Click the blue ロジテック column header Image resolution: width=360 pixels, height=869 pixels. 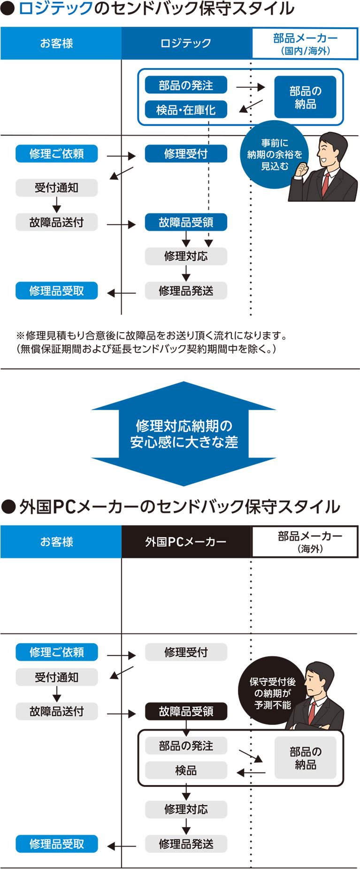(186, 43)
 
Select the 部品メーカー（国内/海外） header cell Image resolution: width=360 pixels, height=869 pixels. (305, 44)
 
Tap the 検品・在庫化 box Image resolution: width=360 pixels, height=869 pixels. (186, 110)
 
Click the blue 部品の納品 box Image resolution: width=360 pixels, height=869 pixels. (305, 97)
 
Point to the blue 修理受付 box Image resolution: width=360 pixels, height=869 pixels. (186, 153)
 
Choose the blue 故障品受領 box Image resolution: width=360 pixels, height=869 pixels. (186, 222)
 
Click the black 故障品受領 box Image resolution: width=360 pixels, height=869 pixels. (186, 711)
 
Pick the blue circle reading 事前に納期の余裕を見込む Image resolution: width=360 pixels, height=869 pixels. (275, 154)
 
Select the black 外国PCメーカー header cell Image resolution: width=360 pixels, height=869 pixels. (186, 542)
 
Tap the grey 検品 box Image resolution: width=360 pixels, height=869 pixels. (186, 770)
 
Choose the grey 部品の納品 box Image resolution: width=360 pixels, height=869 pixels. (305, 758)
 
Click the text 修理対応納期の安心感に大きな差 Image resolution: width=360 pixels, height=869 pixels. (184, 434)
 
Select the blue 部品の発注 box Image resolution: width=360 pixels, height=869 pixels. (186, 85)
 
